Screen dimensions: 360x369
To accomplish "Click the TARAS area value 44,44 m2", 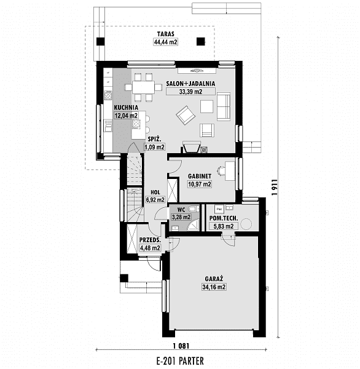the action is (x=165, y=42).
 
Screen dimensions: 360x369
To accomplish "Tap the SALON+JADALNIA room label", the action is (x=190, y=84).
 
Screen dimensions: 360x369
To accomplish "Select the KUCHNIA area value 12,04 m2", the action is (x=126, y=116).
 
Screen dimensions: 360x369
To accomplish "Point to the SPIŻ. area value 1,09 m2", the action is (x=154, y=148).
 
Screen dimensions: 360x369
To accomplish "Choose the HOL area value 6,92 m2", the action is (x=155, y=200).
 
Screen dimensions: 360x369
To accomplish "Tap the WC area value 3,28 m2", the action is (x=181, y=217).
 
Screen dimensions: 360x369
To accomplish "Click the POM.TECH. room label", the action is (x=224, y=218).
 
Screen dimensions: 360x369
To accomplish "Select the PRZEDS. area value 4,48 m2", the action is (x=150, y=248).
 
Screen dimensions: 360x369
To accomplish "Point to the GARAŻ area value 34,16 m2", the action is (x=214, y=287).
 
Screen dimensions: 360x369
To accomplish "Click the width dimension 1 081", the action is (x=181, y=346).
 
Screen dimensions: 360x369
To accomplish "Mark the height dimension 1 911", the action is (x=275, y=188).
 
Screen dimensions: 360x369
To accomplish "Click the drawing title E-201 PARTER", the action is (x=180, y=361).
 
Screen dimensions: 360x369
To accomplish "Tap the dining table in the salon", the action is (x=143, y=87).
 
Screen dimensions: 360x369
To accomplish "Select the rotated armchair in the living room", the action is (x=186, y=115).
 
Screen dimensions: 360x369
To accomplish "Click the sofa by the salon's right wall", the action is (x=224, y=106).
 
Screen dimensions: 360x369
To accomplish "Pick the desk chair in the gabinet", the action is (x=221, y=170).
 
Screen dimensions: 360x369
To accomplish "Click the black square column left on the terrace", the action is (x=100, y=42).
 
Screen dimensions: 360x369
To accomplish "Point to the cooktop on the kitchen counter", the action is (x=108, y=95).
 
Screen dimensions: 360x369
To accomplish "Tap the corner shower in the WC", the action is (x=194, y=224).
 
